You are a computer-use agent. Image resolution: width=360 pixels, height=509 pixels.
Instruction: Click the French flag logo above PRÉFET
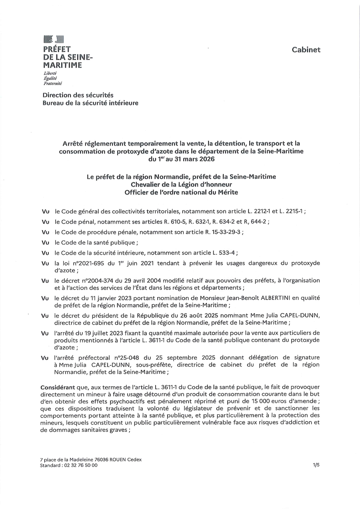54,39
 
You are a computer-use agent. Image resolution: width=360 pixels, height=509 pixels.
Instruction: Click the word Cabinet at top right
306,50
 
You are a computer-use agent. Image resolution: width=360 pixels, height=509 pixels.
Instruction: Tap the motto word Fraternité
53,84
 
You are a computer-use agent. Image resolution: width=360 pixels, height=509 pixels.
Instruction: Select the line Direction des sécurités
78,95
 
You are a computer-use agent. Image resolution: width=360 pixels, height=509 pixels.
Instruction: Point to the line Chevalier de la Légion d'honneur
181,184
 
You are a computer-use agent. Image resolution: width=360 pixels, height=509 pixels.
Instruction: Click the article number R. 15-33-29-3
220,232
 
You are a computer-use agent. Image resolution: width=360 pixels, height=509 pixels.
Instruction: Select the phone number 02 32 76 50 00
80,465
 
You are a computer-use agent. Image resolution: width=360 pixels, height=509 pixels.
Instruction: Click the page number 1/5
316,465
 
